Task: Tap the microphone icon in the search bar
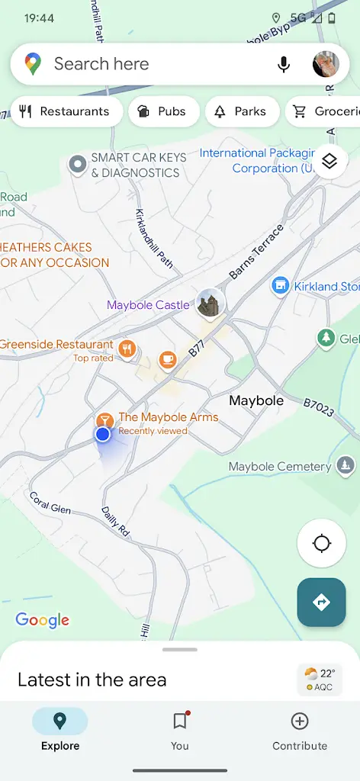284,65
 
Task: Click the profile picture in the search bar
326,65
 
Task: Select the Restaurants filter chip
66,111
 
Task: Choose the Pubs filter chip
163,111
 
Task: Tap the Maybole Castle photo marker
209,304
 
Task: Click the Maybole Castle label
148,305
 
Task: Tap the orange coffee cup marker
167,358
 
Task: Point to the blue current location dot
103,434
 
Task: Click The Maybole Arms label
168,417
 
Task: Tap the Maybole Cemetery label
280,466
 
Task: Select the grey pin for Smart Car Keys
77,163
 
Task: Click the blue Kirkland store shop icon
281,286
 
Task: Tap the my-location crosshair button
321,544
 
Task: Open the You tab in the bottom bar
180,730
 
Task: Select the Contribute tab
300,730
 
